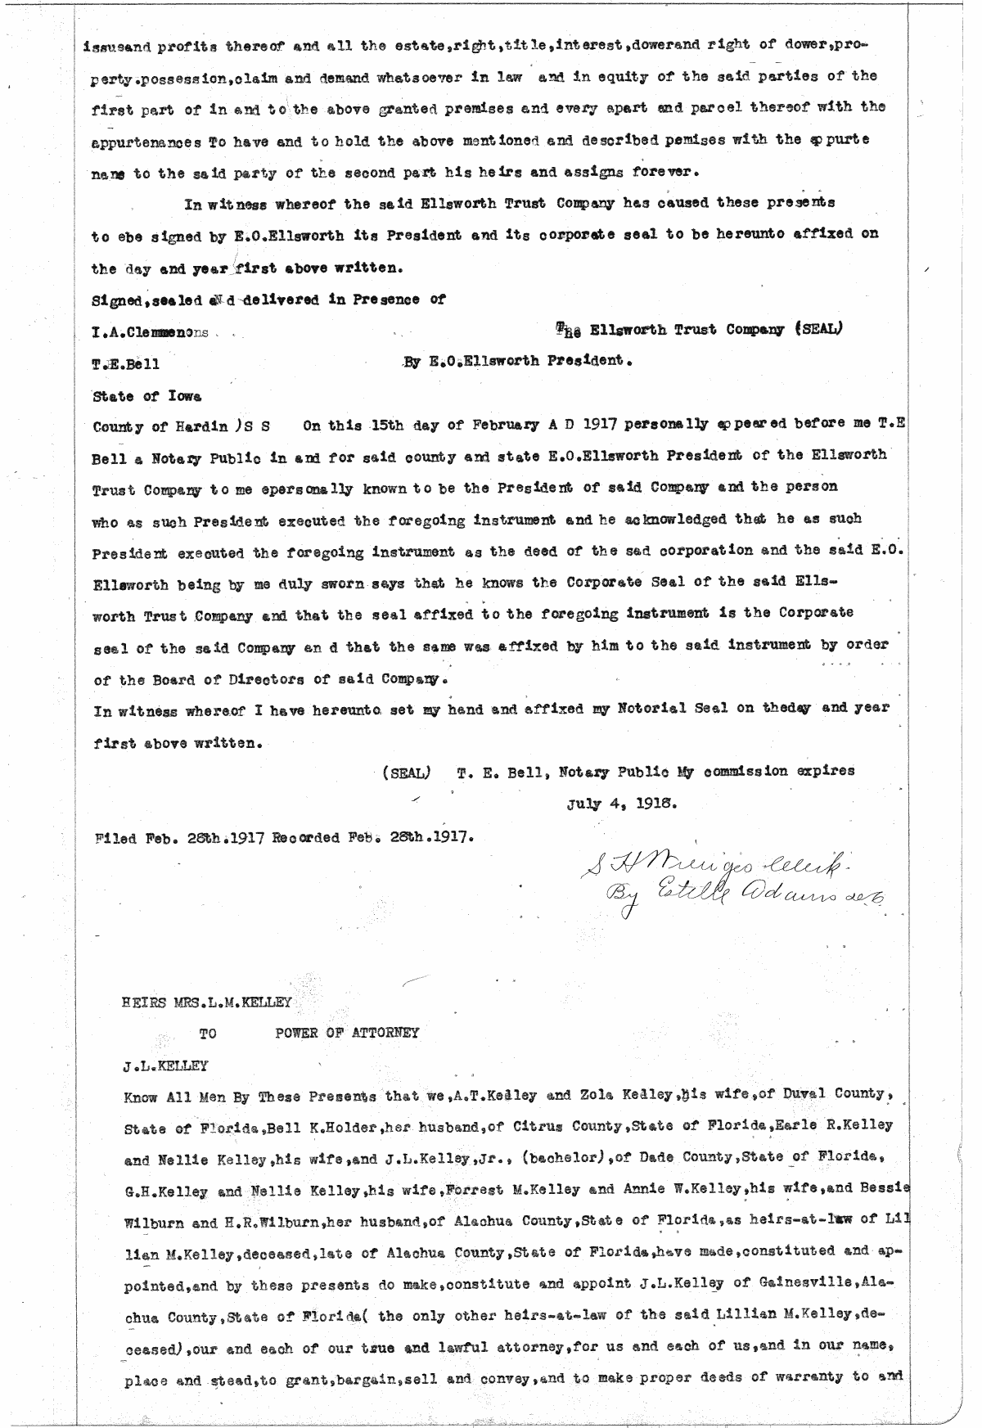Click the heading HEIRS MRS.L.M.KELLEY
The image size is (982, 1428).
pos(206,1001)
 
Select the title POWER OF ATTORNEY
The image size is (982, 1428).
pos(347,1033)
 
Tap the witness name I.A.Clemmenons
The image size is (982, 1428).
pos(151,333)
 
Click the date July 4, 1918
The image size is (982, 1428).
pos(624,804)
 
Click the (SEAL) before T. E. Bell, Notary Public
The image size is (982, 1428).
pos(407,772)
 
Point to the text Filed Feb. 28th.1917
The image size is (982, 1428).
pos(180,838)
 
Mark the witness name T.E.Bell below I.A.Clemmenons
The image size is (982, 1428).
pos(126,365)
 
